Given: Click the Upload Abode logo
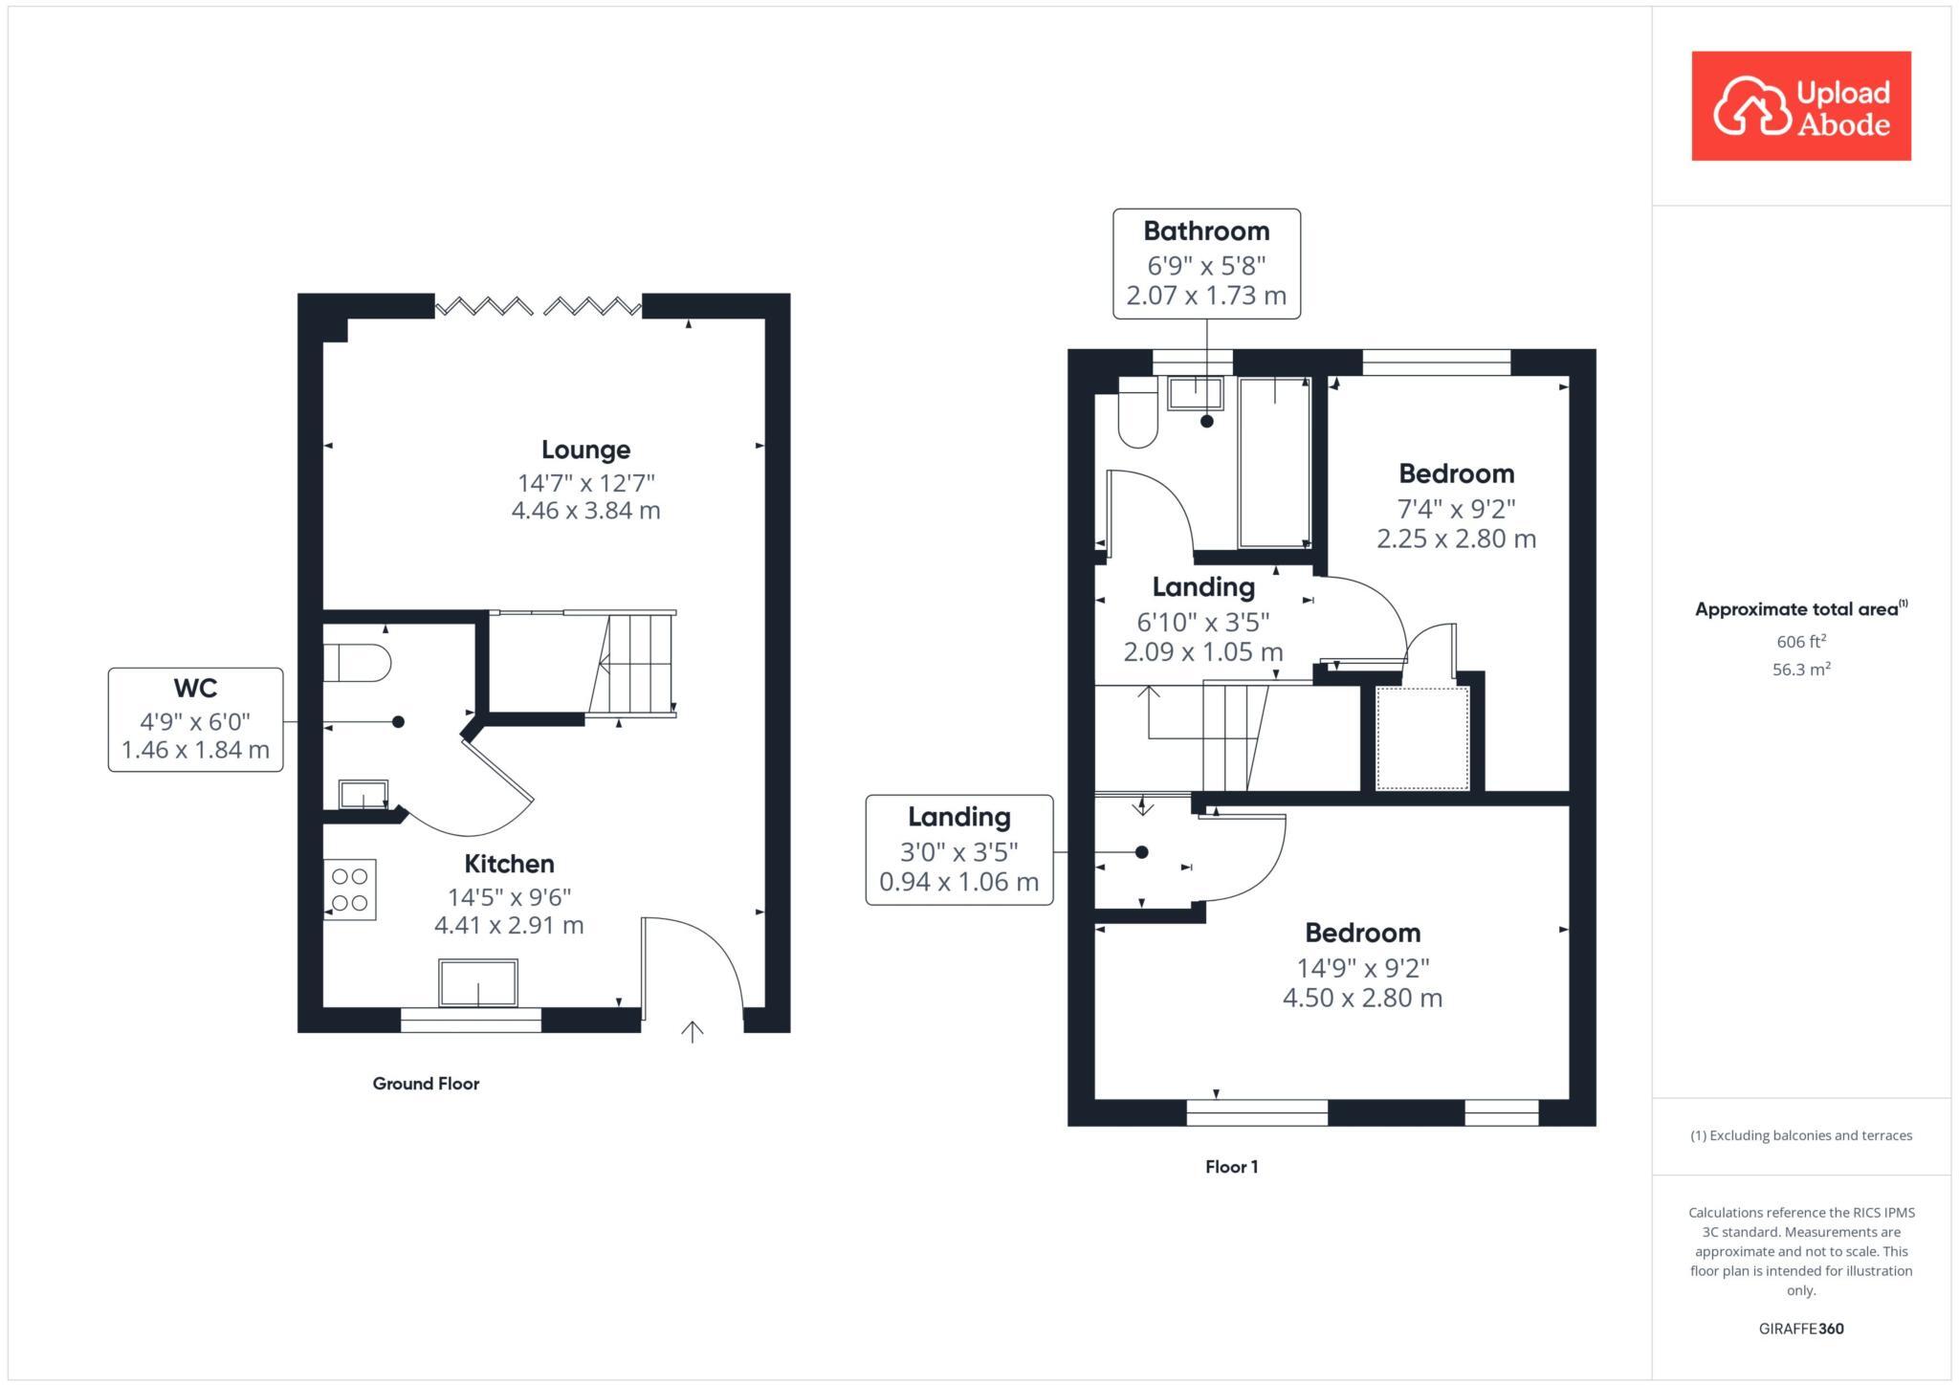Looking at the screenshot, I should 1800,106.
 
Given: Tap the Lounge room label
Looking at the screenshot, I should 585,450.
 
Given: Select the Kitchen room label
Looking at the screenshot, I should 509,864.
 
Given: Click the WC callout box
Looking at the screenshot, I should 196,719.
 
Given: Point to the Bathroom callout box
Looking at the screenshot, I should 1206,263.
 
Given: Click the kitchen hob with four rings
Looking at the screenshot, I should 350,890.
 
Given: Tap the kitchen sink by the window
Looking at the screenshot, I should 477,983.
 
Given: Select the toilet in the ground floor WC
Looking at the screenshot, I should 357,663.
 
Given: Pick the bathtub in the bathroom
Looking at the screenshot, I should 1274,463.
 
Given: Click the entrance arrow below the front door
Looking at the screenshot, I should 693,1031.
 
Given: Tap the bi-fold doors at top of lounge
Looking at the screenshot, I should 538,306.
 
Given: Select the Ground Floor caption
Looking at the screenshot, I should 426,1084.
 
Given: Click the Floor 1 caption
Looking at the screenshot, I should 1231,1167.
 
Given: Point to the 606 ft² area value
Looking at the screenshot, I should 1800,642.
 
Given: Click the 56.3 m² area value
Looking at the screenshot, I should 1800,670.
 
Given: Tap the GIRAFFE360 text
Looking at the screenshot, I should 1800,1329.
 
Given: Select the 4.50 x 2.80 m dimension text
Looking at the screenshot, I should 1362,999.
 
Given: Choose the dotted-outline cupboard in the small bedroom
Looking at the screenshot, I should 1421,737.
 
